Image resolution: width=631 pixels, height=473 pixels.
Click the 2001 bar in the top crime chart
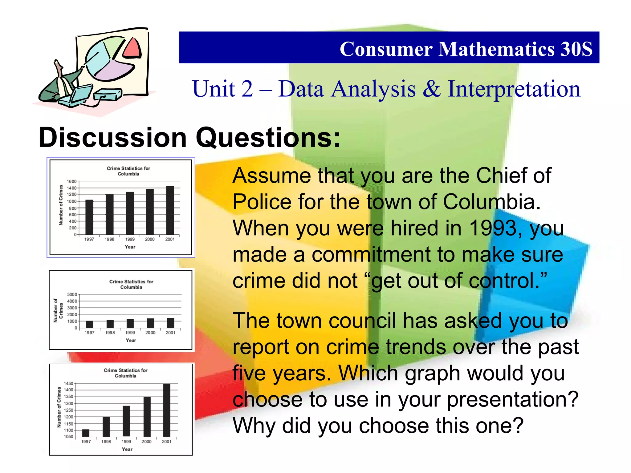170,210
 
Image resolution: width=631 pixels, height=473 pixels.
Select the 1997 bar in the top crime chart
89,217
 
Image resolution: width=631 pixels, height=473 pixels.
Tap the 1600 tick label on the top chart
72,181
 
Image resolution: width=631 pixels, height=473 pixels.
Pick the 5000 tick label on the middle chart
72,294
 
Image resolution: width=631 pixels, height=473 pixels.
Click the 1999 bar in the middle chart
130,323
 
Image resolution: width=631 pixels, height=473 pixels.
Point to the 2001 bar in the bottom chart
167,410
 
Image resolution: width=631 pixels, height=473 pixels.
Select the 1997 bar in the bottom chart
86,433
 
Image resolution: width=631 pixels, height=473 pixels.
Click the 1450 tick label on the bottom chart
69,383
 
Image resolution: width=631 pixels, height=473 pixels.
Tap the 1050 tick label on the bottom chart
69,437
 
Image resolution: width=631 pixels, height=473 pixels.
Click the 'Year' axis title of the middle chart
131,340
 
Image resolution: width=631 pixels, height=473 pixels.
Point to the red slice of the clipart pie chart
132,48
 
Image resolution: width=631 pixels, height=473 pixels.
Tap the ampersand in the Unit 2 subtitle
431,89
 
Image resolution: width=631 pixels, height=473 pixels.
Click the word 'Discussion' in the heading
113,137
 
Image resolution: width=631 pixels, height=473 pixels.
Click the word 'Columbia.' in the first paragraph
492,202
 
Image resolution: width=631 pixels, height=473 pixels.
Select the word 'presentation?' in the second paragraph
513,399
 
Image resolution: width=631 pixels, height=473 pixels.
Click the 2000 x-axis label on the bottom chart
147,441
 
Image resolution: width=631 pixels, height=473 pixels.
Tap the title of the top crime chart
128,171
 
